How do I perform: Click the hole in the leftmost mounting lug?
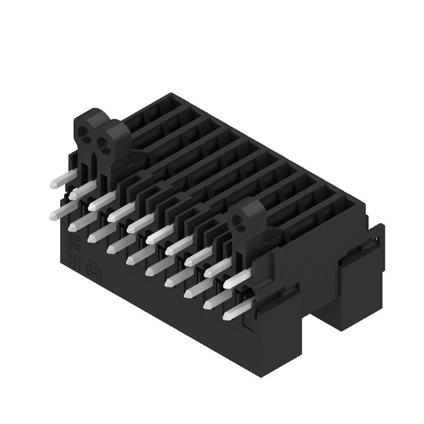(x=84, y=130)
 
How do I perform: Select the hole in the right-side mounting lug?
(x=243, y=225)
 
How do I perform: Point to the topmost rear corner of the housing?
(x=171, y=95)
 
